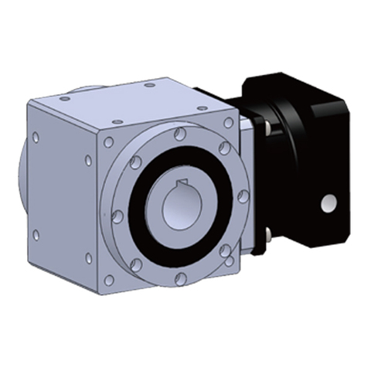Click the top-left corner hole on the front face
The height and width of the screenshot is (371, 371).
109,142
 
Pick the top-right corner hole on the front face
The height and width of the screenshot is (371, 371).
227,123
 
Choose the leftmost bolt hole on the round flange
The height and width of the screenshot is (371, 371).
117,216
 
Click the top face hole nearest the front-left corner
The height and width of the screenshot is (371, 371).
116,121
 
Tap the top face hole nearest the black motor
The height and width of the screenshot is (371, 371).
197,96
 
